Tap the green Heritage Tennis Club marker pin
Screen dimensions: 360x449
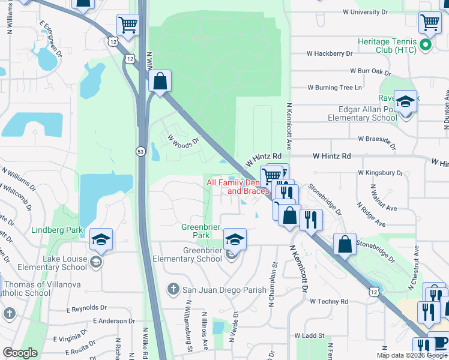(426, 44)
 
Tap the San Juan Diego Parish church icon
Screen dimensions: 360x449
(173, 289)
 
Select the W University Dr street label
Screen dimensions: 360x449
(366, 11)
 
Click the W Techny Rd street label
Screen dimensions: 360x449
(329, 301)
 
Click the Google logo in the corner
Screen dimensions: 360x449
(20, 352)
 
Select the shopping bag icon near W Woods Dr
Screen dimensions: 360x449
(160, 83)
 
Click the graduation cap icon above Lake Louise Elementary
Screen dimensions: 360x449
(101, 240)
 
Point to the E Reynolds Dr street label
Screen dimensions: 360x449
(86, 308)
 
